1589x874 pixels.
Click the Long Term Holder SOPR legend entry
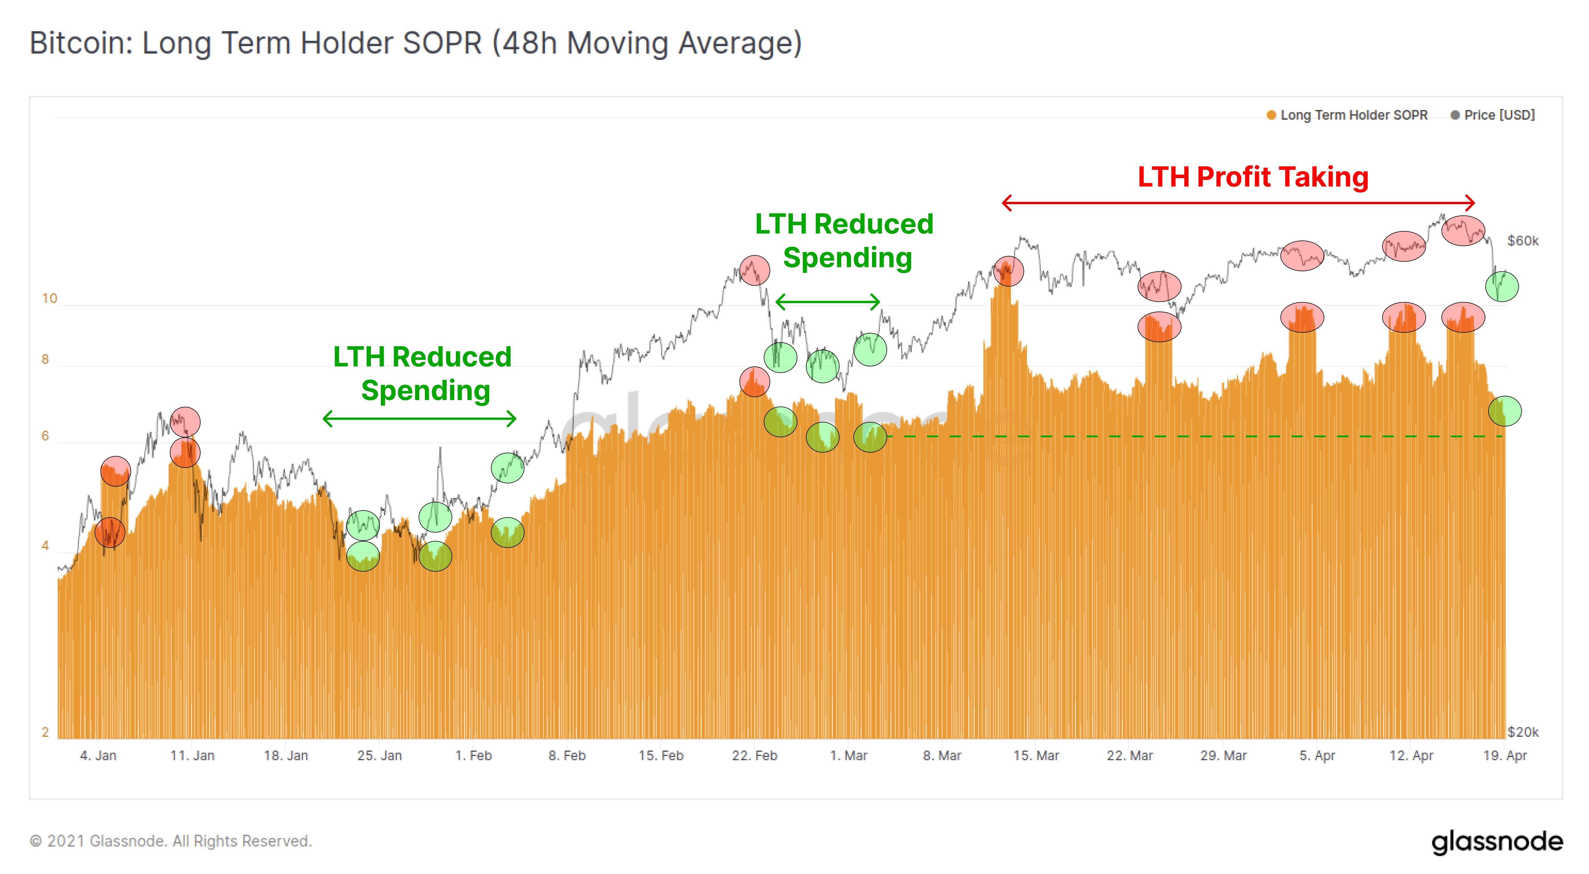coord(1353,115)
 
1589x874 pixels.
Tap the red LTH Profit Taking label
coord(1253,177)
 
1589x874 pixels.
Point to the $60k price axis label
coord(1522,241)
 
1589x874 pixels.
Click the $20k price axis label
coord(1522,732)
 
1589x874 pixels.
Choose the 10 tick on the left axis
coord(49,299)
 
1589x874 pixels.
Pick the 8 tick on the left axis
coord(45,359)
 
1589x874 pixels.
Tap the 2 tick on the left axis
coord(45,732)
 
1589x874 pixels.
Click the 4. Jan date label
coord(98,756)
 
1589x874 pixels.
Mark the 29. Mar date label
coord(1223,756)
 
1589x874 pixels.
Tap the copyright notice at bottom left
coord(171,841)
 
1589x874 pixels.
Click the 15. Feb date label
coord(661,756)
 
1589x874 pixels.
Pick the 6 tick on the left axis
coord(45,436)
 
